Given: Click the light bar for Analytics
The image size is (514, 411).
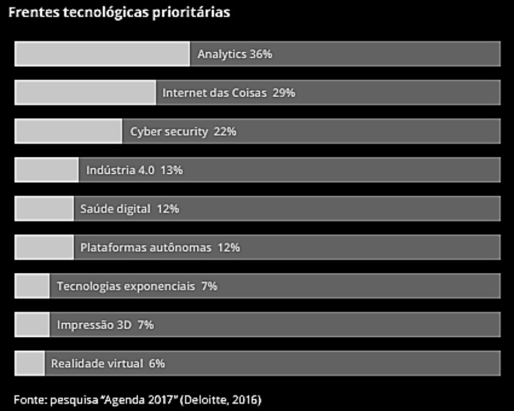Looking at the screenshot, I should click(x=102, y=54).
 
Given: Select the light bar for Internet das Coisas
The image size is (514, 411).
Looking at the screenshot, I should click(x=85, y=93).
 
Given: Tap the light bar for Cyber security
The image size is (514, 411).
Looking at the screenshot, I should click(x=68, y=131).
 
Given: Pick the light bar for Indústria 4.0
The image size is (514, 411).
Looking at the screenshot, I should click(x=46, y=170).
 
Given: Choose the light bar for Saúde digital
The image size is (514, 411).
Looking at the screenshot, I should click(x=44, y=208).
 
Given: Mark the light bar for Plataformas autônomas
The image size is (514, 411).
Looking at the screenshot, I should click(x=44, y=247).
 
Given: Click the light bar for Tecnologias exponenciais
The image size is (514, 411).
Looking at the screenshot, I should click(x=32, y=285).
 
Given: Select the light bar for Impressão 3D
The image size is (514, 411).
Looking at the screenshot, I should click(x=32, y=324).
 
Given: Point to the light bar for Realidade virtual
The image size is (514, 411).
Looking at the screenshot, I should click(x=29, y=363).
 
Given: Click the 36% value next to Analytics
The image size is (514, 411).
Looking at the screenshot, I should click(x=261, y=54).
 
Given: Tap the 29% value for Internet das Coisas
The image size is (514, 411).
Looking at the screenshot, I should click(x=283, y=93).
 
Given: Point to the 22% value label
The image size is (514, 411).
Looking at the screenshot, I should click(x=225, y=131).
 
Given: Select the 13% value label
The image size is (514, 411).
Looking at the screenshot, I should click(x=171, y=170).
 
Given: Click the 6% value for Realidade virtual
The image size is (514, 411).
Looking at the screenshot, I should click(x=156, y=363).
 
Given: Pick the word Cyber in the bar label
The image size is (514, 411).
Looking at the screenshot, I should click(x=146, y=131).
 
